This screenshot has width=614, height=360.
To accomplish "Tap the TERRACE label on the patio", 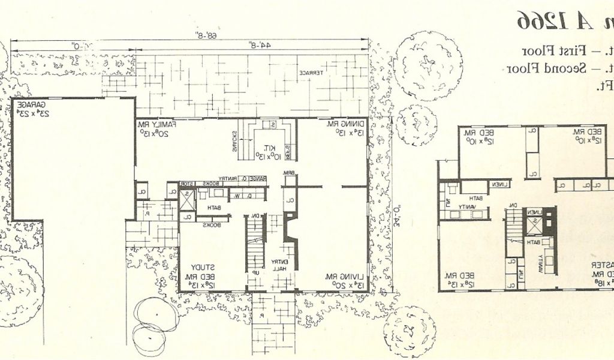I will coord(312,73).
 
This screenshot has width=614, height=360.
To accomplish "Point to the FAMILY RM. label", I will coord(159,124).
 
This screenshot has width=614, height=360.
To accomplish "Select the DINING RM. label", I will coord(340,124).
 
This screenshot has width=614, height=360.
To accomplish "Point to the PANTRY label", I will coord(230,178).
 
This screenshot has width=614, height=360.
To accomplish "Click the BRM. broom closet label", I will coord(288,174).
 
